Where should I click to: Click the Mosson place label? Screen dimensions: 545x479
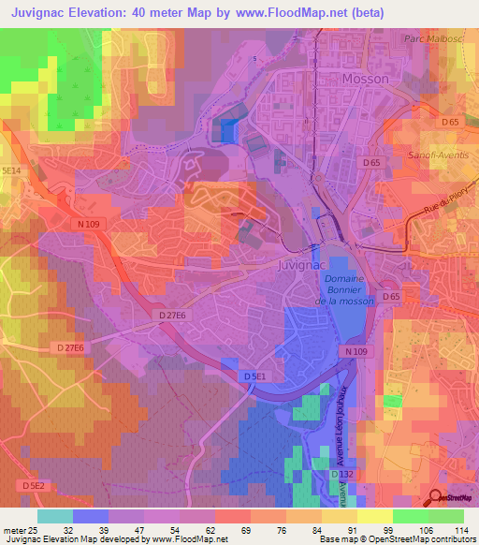pos(366,80)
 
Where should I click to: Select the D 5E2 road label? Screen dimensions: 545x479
pos(33,486)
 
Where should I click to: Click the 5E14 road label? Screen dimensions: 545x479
pos(10,169)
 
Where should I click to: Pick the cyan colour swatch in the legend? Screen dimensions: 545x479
pos(54,516)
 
